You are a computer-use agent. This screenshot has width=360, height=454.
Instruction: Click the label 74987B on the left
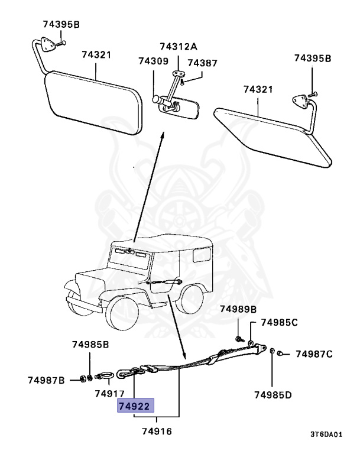point(46,380)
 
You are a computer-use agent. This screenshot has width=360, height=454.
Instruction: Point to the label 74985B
point(90,344)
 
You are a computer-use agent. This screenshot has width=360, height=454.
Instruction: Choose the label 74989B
point(238,309)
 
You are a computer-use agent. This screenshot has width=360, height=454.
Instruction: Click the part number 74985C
point(279,323)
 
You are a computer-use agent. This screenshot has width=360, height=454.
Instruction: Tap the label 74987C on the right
point(314,354)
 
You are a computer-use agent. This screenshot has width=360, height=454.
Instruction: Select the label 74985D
point(273,394)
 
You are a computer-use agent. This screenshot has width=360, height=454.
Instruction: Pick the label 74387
point(202,63)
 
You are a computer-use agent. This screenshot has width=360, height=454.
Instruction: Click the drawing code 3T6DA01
point(326,434)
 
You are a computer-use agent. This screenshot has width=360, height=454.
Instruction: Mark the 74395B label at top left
point(61,24)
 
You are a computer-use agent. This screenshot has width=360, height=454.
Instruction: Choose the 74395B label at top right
point(313,58)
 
